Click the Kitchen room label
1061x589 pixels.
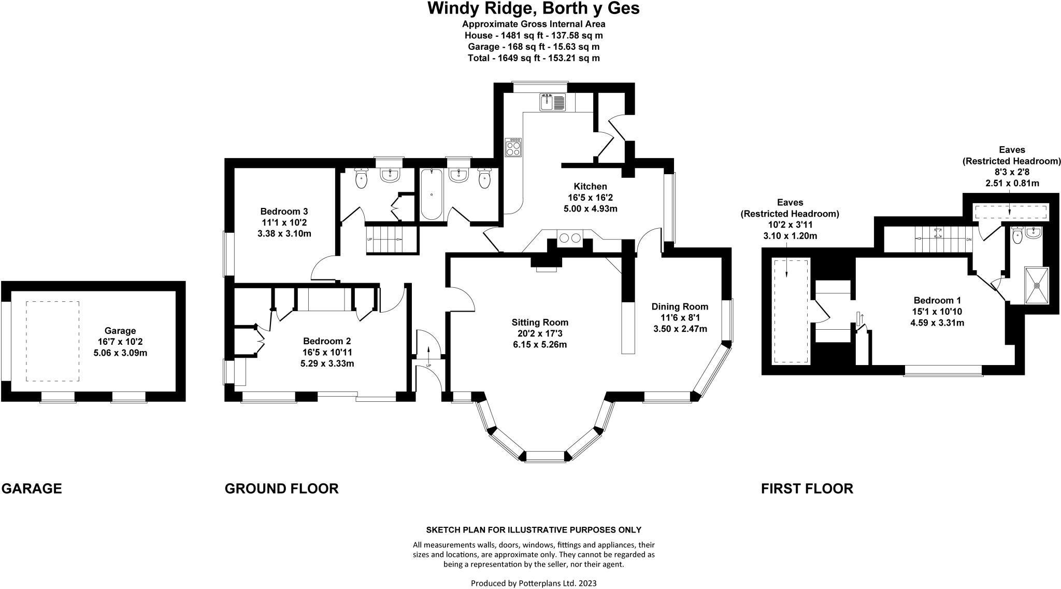(590, 186)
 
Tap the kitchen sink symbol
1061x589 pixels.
(553, 102)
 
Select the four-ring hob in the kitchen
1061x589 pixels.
(513, 147)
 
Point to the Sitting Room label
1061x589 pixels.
(540, 322)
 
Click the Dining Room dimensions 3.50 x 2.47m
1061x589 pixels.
(680, 329)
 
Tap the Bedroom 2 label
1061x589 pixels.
(327, 341)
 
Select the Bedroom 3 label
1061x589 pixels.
(284, 211)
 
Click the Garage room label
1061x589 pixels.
(120, 330)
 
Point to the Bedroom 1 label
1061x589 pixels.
(937, 300)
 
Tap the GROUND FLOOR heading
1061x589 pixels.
(281, 488)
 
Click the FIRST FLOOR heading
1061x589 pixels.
(807, 488)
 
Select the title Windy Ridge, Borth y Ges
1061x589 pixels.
(533, 8)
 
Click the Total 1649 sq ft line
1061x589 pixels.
(533, 58)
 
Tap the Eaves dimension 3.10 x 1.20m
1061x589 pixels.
(790, 236)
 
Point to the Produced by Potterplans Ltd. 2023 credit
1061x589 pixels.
(533, 583)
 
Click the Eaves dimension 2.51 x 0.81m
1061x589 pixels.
(1011, 183)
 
